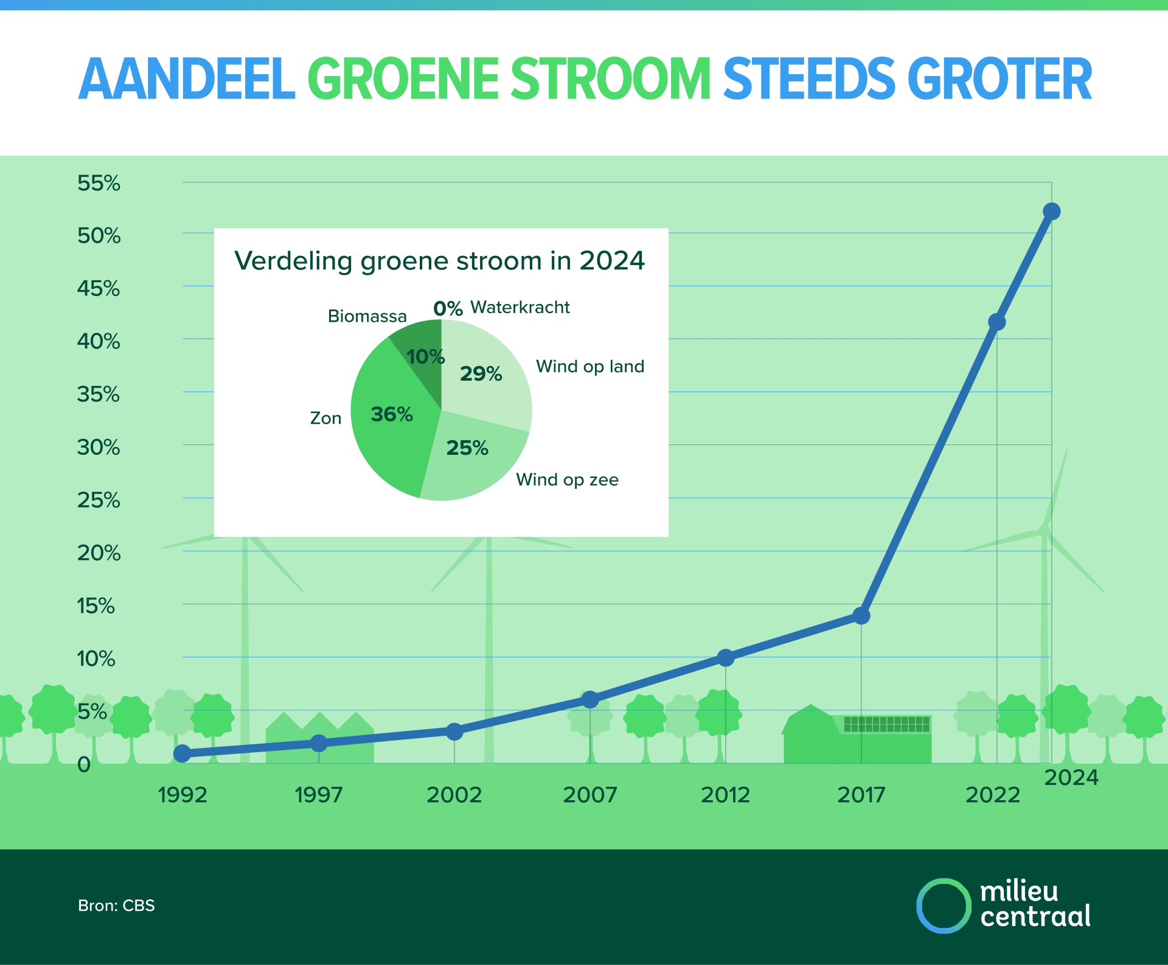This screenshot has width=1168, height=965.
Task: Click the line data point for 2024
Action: (x=1051, y=212)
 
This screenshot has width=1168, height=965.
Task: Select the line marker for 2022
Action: (x=996, y=322)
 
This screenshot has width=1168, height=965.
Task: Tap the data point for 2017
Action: (x=861, y=616)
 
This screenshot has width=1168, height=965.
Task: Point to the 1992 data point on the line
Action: (x=182, y=754)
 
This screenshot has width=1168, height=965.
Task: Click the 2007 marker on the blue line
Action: (x=589, y=700)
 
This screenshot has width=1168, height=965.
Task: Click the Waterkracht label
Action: (x=520, y=308)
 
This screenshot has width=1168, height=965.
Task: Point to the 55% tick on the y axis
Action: (x=99, y=183)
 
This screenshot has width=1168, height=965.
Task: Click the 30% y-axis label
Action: (x=99, y=448)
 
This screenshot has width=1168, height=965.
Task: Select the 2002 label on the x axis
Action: (x=454, y=795)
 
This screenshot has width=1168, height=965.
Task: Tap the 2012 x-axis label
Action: (x=725, y=795)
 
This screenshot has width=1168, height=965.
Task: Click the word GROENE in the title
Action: (x=403, y=79)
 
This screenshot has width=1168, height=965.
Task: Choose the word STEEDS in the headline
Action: (x=808, y=79)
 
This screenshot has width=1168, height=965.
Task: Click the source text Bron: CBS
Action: (x=116, y=905)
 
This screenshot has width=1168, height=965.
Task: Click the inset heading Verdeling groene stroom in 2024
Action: (x=439, y=261)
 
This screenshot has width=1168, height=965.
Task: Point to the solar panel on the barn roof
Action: (x=887, y=724)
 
